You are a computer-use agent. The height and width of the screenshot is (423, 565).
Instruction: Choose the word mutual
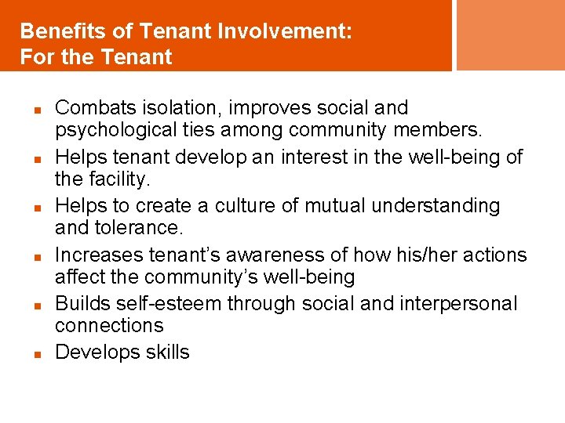321,206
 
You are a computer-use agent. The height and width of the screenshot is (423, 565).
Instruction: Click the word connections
109,326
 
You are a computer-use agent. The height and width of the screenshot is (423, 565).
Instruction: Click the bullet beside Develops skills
36,354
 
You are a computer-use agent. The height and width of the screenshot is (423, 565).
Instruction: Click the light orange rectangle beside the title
510,34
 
